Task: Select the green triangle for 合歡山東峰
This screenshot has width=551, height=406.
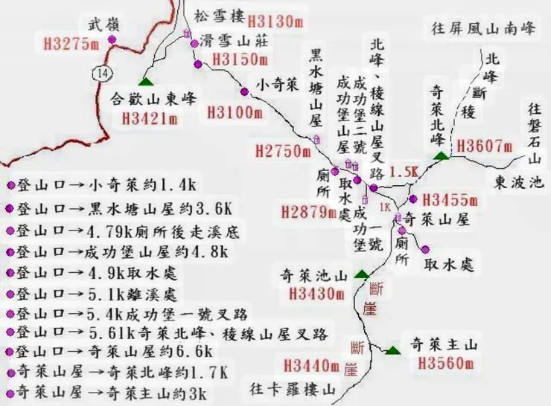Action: pos(144,80)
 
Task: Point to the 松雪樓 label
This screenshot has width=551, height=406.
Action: pos(218,15)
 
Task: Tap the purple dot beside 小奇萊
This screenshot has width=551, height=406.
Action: pos(245,91)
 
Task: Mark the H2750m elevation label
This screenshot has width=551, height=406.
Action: pos(282,151)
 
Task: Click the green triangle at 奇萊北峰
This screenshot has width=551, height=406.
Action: pos(442,155)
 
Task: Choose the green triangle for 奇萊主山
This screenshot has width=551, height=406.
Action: pos(392,349)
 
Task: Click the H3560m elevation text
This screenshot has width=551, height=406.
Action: pos(445,364)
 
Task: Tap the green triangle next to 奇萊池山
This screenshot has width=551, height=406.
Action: pos(362,273)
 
